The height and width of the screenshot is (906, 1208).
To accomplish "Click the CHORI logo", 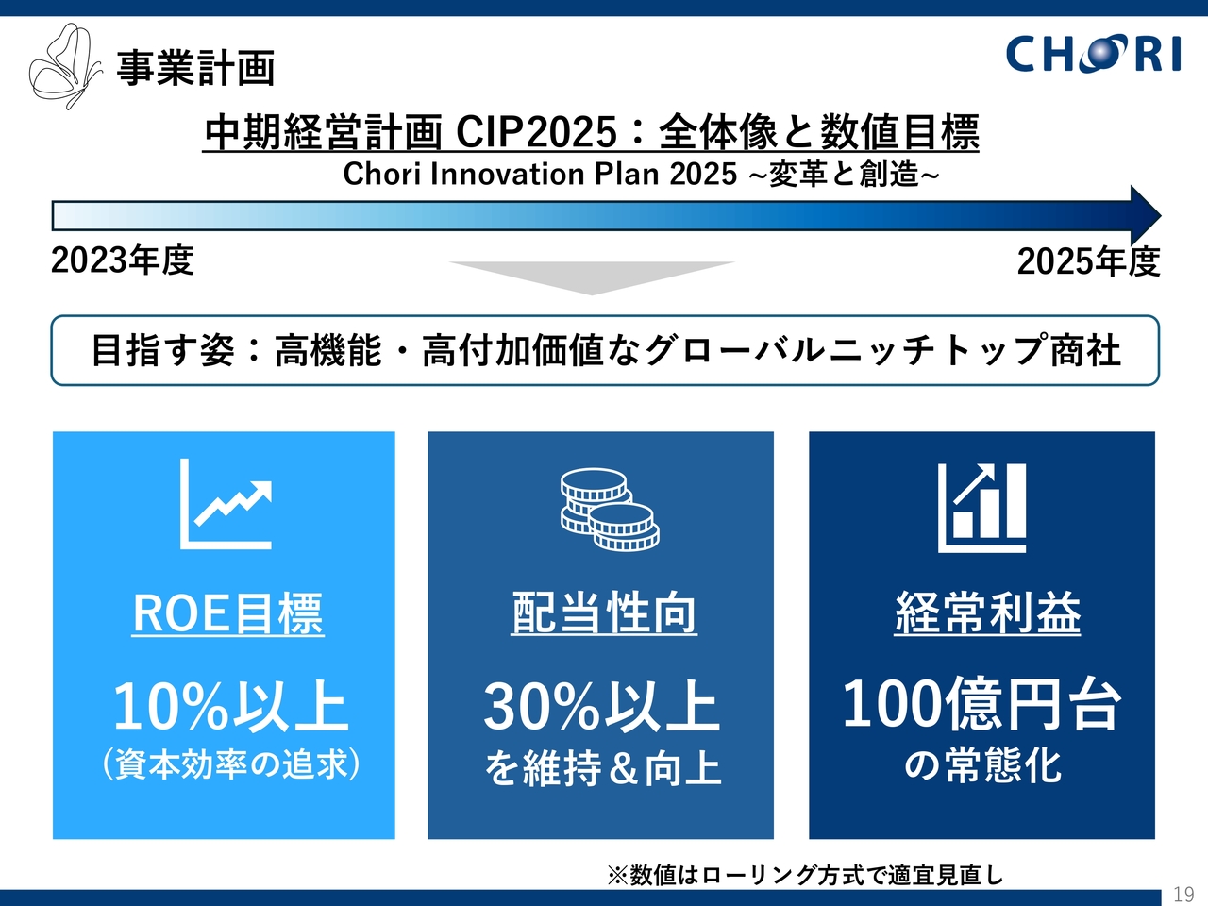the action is (1093, 54).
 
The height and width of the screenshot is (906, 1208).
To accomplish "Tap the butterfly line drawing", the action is (65, 66).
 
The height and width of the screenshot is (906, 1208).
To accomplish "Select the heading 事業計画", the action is (196, 69).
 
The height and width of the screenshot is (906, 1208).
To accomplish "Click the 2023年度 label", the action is (122, 260).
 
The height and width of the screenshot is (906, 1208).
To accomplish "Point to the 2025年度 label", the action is (1088, 261).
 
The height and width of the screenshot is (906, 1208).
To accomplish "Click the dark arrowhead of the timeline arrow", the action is (1144, 215).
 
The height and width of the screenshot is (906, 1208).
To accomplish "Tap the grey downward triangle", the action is (592, 277).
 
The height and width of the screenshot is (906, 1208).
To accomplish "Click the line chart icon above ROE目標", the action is (226, 504).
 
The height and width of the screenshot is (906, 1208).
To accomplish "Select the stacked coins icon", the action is (610, 510).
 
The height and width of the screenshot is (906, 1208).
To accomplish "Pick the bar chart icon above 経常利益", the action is (981, 508).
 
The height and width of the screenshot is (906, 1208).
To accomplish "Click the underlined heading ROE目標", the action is (227, 613).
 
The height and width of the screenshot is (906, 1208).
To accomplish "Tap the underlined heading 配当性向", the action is (604, 613).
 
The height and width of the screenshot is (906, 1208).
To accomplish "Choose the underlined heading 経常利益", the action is (987, 613).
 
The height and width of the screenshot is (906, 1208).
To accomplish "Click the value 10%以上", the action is (230, 706).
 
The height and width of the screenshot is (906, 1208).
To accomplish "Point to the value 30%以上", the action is (601, 706).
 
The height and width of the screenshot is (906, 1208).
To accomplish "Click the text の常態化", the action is (982, 765).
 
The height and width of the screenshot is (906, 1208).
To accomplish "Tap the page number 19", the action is (1183, 894).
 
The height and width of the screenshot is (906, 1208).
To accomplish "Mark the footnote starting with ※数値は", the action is (806, 875).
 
